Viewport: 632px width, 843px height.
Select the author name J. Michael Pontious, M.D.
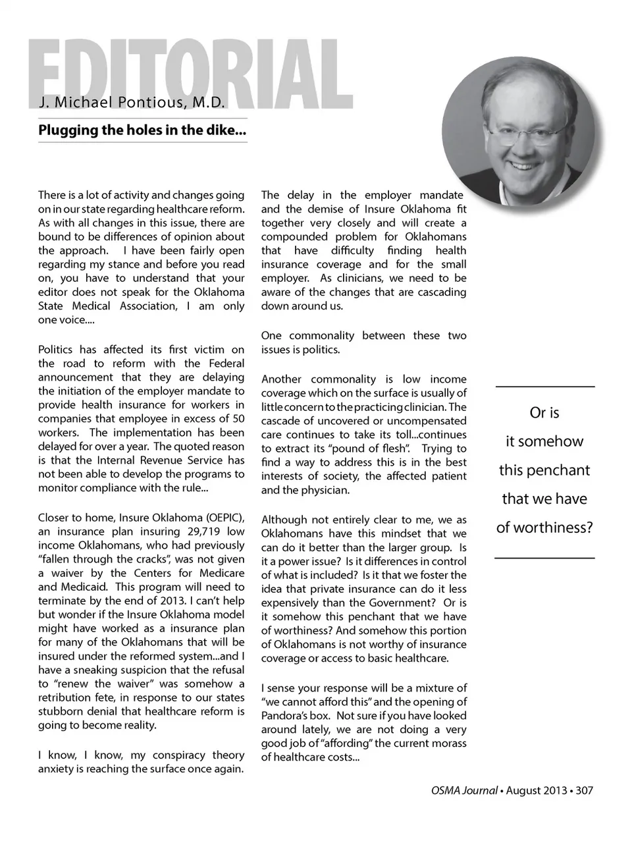point(132,103)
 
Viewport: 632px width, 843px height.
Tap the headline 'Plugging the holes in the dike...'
point(142,130)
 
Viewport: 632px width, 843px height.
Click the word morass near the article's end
point(450,743)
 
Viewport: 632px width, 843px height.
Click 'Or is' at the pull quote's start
point(544,413)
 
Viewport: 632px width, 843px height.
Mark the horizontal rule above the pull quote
point(544,387)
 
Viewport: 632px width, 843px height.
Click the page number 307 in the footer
point(584,790)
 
